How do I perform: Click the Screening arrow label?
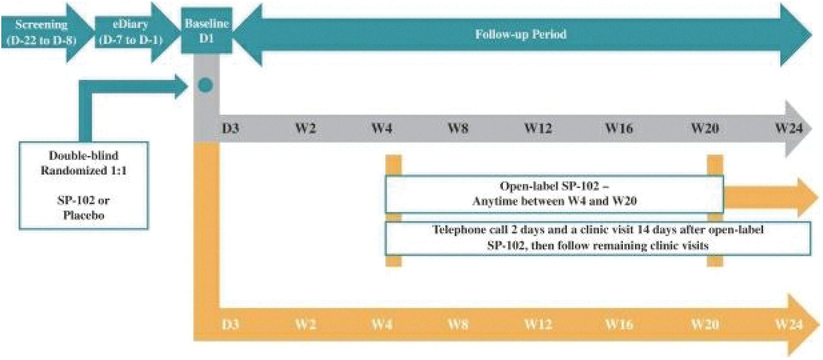tap(41, 32)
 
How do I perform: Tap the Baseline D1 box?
tap(207, 30)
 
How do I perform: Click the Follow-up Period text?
tap(521, 34)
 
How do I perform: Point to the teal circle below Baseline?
tap(205, 85)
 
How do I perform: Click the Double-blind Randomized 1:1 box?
tap(84, 185)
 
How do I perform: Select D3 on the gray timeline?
tap(230, 128)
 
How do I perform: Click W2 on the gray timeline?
tap(305, 128)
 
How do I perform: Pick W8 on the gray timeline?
tap(458, 128)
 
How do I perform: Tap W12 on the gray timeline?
tap(538, 128)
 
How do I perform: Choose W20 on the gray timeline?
tap(705, 128)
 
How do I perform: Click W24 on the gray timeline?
tap(789, 128)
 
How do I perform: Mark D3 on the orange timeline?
tap(230, 324)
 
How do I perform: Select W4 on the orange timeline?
tap(381, 324)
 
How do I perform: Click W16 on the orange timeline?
tap(619, 324)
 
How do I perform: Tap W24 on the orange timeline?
tap(789, 324)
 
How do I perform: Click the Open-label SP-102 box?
tap(554, 194)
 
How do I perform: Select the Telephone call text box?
tap(598, 238)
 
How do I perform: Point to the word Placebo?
tap(84, 215)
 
